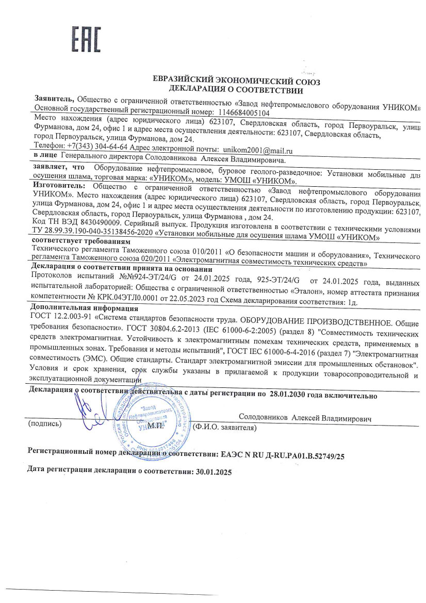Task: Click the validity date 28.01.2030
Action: [x=291, y=396]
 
